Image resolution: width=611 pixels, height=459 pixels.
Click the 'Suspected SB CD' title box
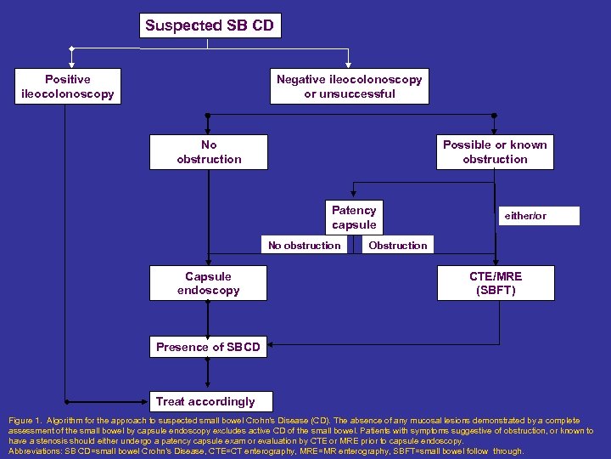coord(210,25)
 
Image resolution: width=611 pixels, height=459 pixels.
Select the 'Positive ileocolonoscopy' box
coord(67,86)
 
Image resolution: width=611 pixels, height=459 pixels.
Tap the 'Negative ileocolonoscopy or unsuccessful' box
coord(350,86)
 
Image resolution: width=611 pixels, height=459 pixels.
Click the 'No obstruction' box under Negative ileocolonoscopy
coord(209,152)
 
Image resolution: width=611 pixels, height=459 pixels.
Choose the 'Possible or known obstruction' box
coord(495,152)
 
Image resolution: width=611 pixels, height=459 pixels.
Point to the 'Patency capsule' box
coord(354,218)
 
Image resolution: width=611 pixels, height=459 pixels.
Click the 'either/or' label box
coord(526,216)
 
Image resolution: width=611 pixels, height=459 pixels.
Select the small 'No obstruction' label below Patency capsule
coord(304,246)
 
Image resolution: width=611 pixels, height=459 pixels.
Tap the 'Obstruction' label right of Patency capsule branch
coord(397,246)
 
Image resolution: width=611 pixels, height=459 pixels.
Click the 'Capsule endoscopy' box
coord(209,283)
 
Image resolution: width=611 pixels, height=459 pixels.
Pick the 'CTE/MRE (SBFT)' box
coord(496,283)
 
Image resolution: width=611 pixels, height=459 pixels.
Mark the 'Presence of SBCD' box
coord(208,347)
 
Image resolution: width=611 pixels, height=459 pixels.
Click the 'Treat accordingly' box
coord(205,401)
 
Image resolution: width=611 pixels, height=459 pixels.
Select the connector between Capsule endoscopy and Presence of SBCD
coord(209,319)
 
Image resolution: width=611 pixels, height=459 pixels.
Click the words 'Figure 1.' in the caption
coord(26,421)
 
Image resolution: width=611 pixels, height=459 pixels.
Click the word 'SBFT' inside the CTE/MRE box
coord(496,291)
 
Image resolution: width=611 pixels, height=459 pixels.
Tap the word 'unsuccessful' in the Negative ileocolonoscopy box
coord(350,93)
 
